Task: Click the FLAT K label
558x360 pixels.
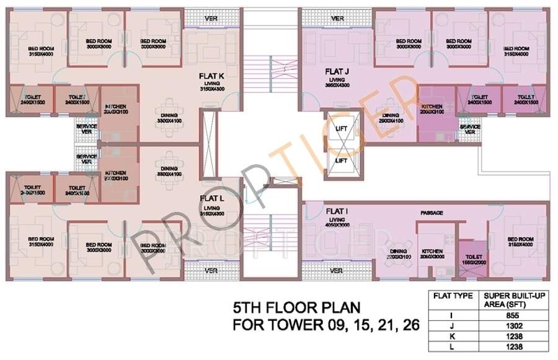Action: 208,76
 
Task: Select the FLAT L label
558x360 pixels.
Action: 208,198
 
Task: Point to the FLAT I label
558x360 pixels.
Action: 338,211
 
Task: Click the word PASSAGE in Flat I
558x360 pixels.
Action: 432,213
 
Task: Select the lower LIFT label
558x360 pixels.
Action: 341,160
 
